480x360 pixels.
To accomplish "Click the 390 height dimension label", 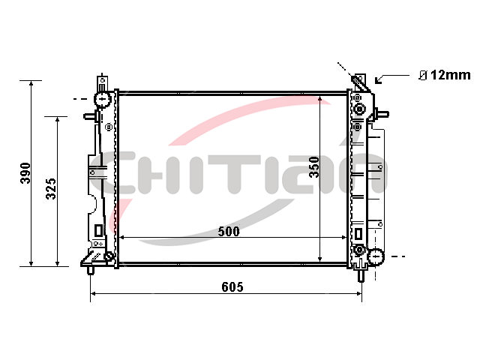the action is pyautogui.click(x=25, y=173).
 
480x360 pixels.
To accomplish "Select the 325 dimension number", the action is pyautogui.click(x=51, y=188).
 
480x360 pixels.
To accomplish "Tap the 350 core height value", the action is pyautogui.click(x=314, y=166).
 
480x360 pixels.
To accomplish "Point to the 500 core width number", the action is pyautogui.click(x=229, y=232).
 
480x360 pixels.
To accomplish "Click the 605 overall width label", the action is pyautogui.click(x=232, y=286).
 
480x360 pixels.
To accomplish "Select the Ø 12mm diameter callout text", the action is pyautogui.click(x=445, y=75).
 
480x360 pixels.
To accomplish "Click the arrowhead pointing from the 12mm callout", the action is pyautogui.click(x=378, y=80).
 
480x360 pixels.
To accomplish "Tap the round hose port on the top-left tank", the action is pyautogui.click(x=103, y=99).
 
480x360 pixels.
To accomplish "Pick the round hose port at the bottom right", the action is pyautogui.click(x=376, y=256).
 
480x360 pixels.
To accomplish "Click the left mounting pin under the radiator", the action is pyautogui.click(x=90, y=271).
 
